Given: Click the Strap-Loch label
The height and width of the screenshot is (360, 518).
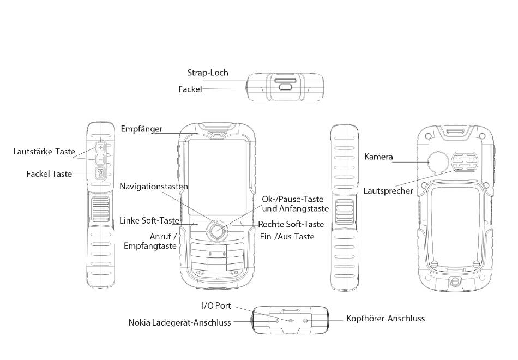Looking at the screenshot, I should pyautogui.click(x=208, y=73).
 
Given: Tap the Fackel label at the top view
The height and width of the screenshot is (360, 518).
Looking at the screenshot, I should pyautogui.click(x=190, y=88).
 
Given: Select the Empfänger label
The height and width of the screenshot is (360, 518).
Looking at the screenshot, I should pyautogui.click(x=142, y=129).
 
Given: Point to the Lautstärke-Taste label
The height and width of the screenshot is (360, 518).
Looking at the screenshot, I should pyautogui.click(x=44, y=151).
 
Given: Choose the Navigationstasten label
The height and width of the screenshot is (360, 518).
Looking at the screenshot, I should pyautogui.click(x=154, y=187).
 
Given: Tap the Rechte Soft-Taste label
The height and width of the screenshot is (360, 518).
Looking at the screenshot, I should pyautogui.click(x=291, y=224).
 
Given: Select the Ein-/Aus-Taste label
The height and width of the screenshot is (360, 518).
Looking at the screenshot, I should pyautogui.click(x=288, y=236).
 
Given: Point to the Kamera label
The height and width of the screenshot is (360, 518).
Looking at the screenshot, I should pyautogui.click(x=378, y=157).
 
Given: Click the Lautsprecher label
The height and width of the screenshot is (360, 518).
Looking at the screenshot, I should pyautogui.click(x=388, y=191).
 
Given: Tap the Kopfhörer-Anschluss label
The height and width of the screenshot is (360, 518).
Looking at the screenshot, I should pyautogui.click(x=386, y=318).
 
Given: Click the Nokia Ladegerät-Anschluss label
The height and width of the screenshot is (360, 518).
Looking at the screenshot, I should pyautogui.click(x=180, y=322).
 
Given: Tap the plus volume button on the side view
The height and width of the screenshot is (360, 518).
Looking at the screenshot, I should pyautogui.click(x=101, y=147).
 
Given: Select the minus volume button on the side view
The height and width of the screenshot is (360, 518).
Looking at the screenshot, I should pyautogui.click(x=101, y=160).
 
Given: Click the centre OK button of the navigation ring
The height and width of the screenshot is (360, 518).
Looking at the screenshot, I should pyautogui.click(x=217, y=231).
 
